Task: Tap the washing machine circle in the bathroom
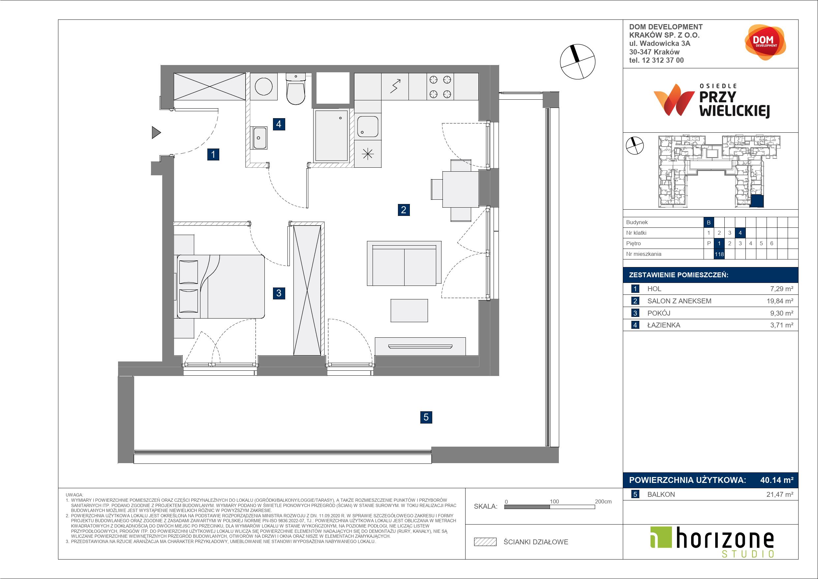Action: pyautogui.click(x=264, y=87)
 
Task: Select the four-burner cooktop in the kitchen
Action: pyautogui.click(x=440, y=87)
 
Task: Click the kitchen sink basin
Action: pyautogui.click(x=368, y=126)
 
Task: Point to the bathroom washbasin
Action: pyautogui.click(x=259, y=138)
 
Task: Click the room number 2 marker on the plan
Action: pyautogui.click(x=403, y=210)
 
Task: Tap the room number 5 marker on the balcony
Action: pyautogui.click(x=426, y=417)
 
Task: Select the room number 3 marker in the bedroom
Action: pyautogui.click(x=279, y=293)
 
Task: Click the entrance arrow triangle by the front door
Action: pyautogui.click(x=156, y=132)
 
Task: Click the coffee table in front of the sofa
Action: pyautogui.click(x=409, y=310)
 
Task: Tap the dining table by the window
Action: pyautogui.click(x=460, y=189)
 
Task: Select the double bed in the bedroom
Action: pyautogui.click(x=221, y=286)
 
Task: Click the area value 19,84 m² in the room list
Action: pyautogui.click(x=780, y=301)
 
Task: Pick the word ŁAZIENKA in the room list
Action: pyautogui.click(x=664, y=325)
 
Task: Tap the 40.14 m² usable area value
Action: pyautogui.click(x=777, y=480)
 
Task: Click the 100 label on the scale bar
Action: pyautogui.click(x=554, y=501)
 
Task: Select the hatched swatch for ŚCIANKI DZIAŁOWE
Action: pyautogui.click(x=485, y=542)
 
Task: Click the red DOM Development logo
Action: pyautogui.click(x=765, y=42)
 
